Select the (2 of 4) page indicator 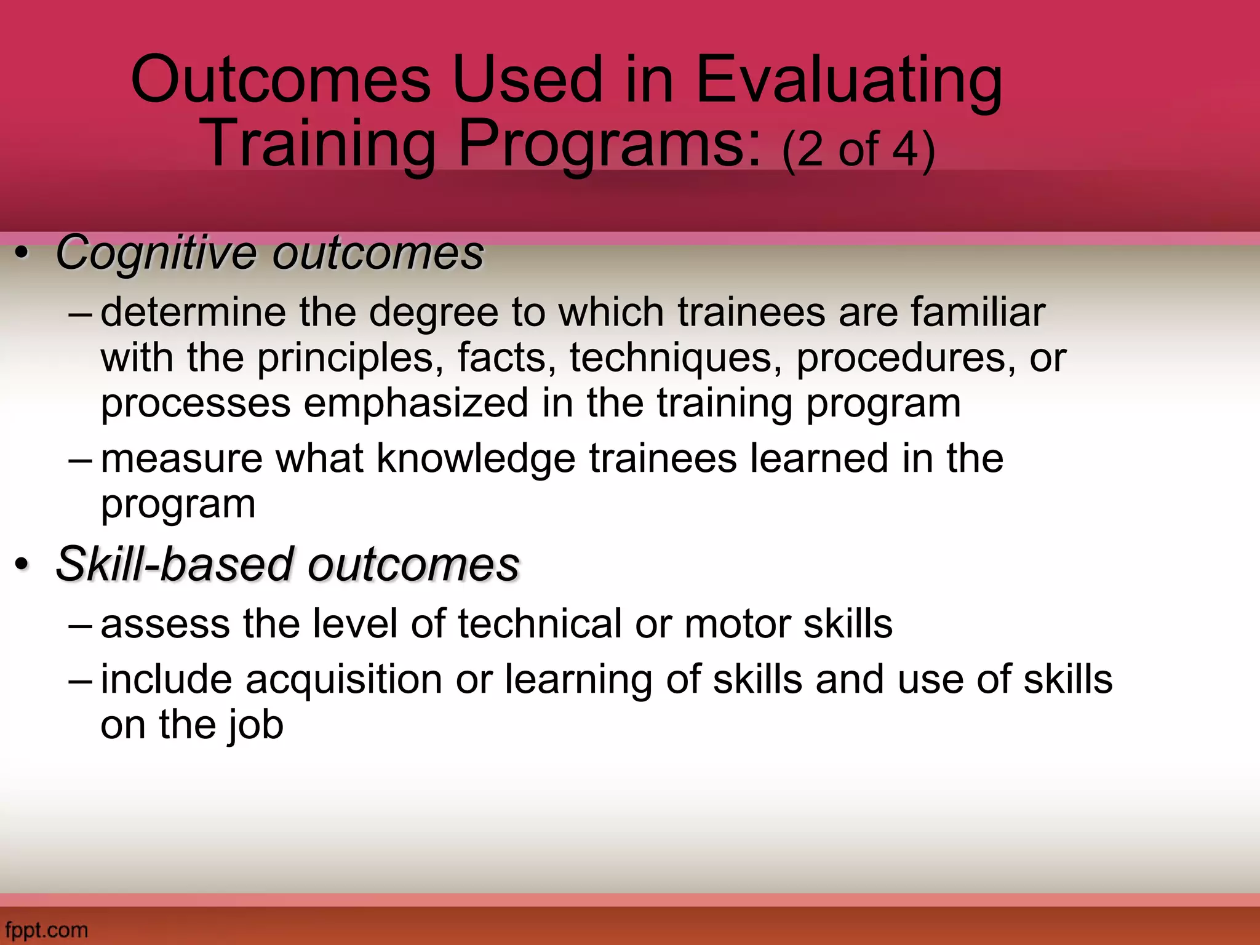click(x=859, y=150)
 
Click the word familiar click(x=978, y=312)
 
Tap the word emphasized click(x=416, y=404)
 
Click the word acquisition click(x=344, y=679)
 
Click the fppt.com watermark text click(x=46, y=929)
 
